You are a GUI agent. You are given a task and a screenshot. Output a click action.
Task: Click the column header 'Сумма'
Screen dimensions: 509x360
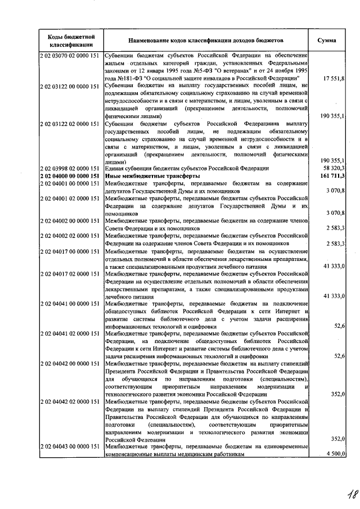tap(327, 41)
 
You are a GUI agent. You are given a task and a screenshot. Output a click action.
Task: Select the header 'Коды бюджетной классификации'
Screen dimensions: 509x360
tap(71, 40)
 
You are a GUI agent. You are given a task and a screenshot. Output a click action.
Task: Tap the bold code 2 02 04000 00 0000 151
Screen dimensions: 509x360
tap(71, 176)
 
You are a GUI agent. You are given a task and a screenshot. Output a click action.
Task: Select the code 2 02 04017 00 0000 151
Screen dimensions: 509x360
tap(71, 252)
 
